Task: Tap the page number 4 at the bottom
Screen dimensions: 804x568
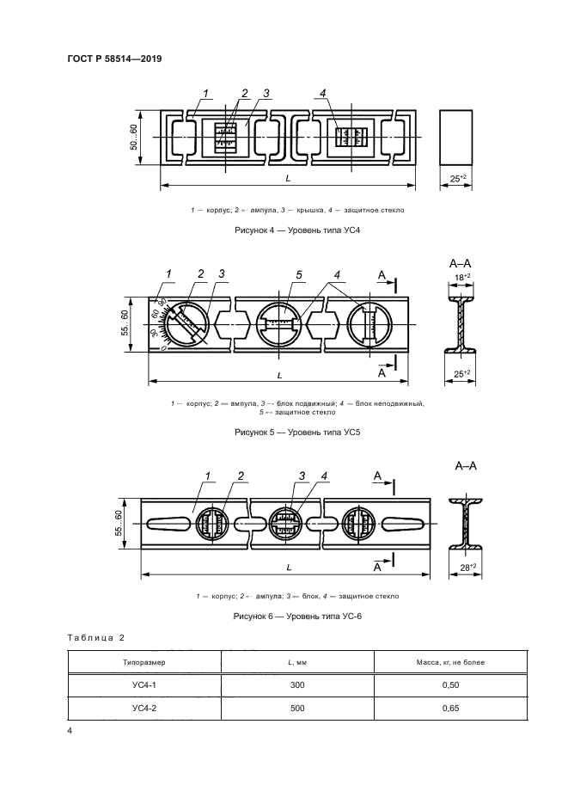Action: [x=69, y=730]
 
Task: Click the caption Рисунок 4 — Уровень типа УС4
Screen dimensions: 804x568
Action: [x=296, y=231]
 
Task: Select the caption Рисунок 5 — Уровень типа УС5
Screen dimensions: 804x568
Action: [x=296, y=433]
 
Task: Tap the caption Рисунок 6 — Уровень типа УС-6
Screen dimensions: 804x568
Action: [x=296, y=617]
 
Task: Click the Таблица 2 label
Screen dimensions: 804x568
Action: [x=96, y=637]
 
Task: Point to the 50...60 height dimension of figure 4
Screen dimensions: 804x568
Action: [x=134, y=138]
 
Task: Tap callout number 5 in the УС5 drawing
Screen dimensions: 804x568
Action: [x=299, y=274]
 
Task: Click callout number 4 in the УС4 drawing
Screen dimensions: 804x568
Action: [x=321, y=93]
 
